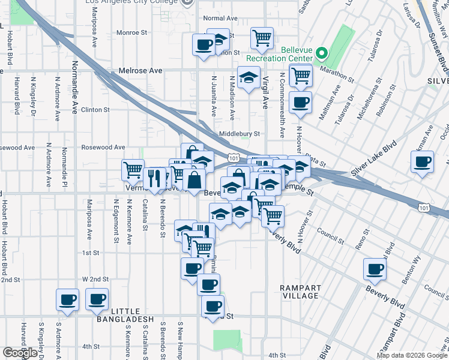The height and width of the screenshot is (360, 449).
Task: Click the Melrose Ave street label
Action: coord(140,71)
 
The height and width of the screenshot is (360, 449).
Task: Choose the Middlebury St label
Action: coord(238,134)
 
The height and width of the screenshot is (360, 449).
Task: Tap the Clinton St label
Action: coord(95,110)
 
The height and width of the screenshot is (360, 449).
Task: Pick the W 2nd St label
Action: coord(95,280)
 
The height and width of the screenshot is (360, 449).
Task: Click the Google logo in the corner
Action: coord(20,353)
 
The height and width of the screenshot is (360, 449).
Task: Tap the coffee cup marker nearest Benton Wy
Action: coord(376,269)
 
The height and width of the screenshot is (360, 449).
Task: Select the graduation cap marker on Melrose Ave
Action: coord(249,77)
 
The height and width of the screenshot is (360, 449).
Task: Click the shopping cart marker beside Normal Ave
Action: coord(262,38)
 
